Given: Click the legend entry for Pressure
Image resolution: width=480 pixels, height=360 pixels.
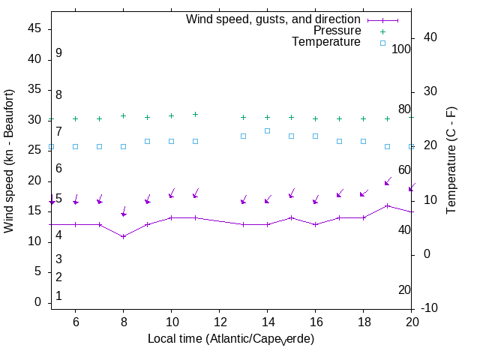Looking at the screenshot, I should (337, 31).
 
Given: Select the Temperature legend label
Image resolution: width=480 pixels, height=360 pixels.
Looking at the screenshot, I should (326, 42).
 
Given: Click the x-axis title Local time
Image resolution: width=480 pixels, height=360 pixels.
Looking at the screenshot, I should (230, 339).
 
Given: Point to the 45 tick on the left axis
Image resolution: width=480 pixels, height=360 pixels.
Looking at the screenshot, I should (34, 28).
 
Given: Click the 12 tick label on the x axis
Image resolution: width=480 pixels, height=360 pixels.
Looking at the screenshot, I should (219, 321).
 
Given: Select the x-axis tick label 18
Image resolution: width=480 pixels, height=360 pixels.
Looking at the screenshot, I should (363, 321).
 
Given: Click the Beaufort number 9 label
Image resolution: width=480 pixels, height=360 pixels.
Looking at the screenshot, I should (58, 53).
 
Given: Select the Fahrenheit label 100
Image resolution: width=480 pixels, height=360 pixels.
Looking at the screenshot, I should (402, 49).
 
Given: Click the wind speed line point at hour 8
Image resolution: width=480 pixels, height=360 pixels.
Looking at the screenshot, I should (124, 236).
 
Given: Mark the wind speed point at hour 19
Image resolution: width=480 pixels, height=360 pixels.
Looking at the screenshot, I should (387, 205).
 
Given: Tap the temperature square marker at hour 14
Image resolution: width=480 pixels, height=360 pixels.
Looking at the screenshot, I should (267, 130).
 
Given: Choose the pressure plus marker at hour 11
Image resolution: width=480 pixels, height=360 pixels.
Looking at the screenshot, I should (195, 114).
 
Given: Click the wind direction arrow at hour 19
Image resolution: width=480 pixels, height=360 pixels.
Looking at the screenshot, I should (388, 181).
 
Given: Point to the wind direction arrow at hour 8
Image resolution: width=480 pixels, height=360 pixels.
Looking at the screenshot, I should (124, 211).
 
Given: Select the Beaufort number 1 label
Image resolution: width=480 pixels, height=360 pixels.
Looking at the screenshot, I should (58, 296).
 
